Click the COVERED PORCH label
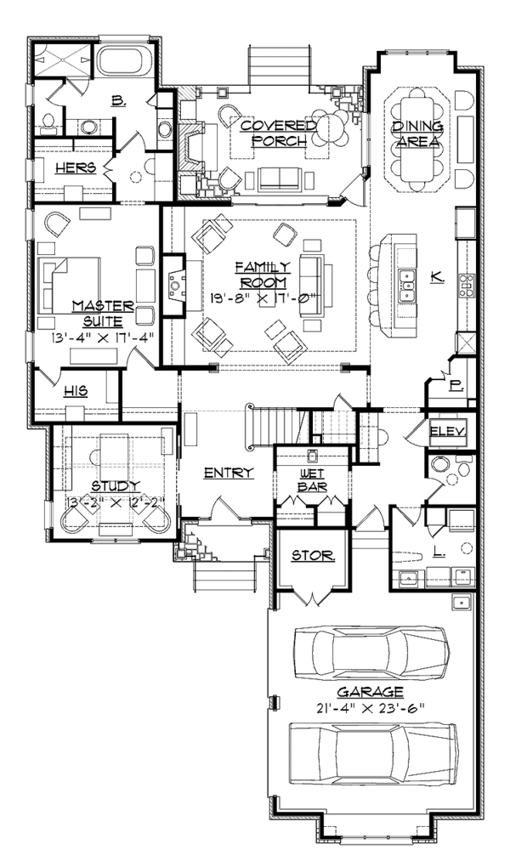click(274, 133)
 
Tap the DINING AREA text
click(417, 133)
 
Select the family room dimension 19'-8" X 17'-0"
click(263, 297)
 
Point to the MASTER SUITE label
click(103, 313)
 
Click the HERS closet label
click(76, 167)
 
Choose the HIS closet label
click(76, 391)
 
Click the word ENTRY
click(229, 473)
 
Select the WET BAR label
click(313, 480)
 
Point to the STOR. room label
click(313, 556)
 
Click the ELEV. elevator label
click(448, 431)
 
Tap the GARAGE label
click(370, 691)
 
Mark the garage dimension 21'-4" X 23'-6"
click(370, 708)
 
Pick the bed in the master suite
click(69, 286)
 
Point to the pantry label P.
click(456, 387)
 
